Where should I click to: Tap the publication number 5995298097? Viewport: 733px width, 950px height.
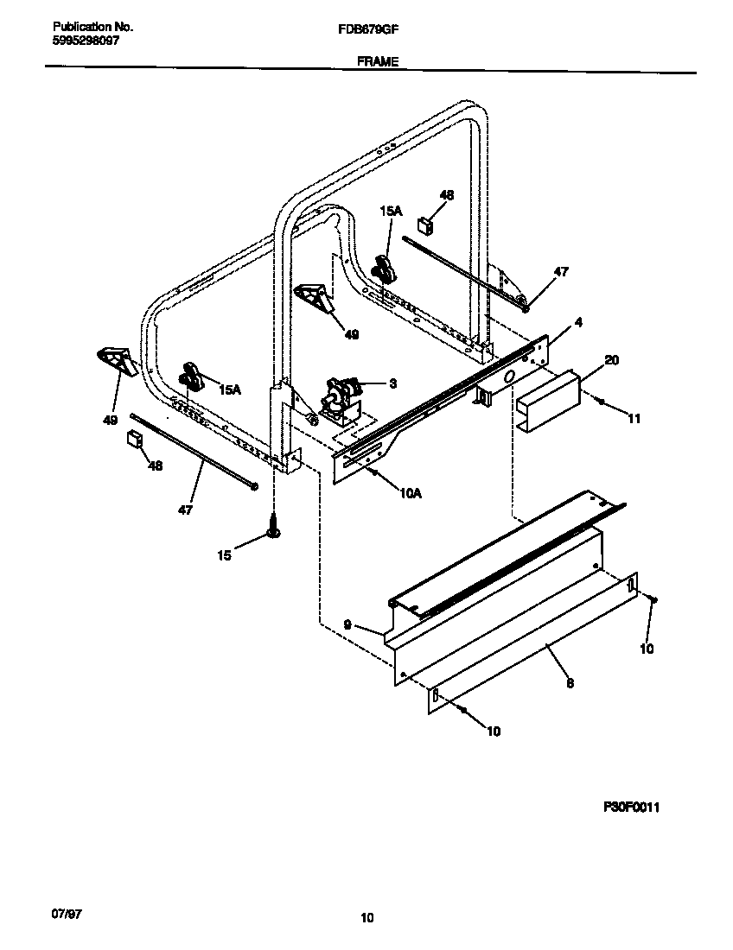pos(80,40)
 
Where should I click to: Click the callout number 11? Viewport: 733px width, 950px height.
pos(634,419)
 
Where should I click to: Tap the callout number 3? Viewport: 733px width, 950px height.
pos(392,383)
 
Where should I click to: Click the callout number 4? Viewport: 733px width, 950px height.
pos(577,322)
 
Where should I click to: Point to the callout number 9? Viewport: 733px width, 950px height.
pos(347,624)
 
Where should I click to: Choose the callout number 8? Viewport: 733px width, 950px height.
pos(570,683)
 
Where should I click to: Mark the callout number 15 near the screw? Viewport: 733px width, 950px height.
pos(224,555)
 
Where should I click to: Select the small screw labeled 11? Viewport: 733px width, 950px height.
pos(601,400)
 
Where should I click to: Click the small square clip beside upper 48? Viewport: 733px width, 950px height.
pos(425,225)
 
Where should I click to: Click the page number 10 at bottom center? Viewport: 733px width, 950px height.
pos(367,918)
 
